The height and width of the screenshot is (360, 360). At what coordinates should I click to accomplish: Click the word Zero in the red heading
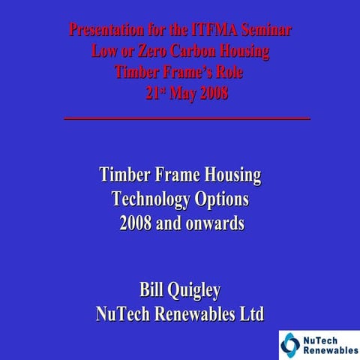[145, 52]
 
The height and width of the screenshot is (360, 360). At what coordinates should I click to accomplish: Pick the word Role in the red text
[229, 73]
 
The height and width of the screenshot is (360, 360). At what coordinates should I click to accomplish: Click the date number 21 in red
[152, 94]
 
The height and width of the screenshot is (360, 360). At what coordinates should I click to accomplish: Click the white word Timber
[126, 176]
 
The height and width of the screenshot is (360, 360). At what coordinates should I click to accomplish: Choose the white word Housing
[229, 176]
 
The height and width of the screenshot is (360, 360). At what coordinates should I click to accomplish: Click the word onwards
[212, 223]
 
